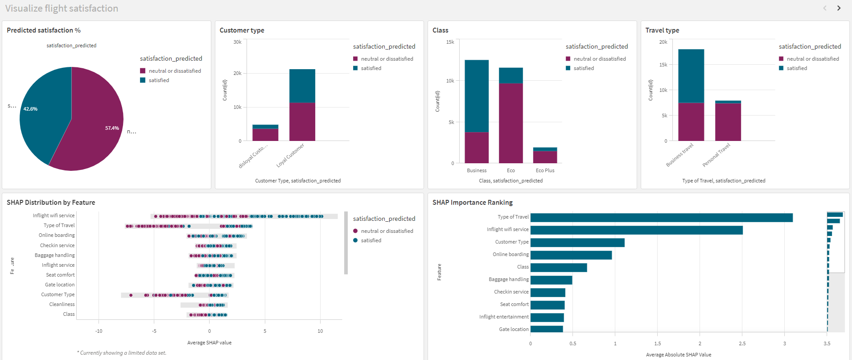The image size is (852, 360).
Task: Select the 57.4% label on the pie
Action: pos(112,128)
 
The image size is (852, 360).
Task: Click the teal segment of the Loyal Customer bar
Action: pos(302,86)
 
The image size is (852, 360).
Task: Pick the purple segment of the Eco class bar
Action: pos(510,123)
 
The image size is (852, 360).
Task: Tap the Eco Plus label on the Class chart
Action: pos(545,170)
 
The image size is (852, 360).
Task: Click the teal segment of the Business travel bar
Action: pos(691,76)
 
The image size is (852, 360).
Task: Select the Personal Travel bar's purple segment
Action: pos(728,121)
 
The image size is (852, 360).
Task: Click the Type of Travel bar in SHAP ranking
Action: pos(661,218)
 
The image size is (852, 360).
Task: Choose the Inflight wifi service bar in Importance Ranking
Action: pos(636,230)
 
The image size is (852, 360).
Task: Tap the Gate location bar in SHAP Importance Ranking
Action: pos(546,329)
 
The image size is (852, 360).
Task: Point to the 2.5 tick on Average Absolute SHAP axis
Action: pos(742,343)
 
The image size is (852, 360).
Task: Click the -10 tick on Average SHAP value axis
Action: pos(99,331)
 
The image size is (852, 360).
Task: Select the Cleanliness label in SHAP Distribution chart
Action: pos(62,304)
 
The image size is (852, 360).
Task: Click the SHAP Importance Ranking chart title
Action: pos(472,203)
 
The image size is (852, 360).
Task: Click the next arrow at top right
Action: pos(839,8)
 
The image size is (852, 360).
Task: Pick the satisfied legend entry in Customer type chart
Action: pos(370,68)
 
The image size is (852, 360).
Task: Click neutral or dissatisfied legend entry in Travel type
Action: pos(812,59)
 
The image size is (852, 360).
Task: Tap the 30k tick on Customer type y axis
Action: pos(237,42)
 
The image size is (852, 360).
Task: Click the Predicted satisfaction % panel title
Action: pos(44,30)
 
